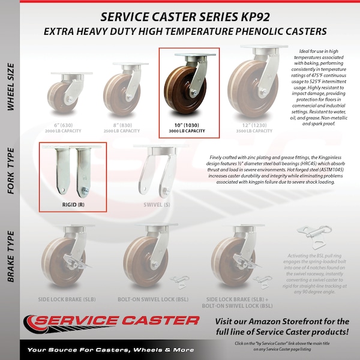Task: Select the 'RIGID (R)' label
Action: pyautogui.click(x=73, y=204)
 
